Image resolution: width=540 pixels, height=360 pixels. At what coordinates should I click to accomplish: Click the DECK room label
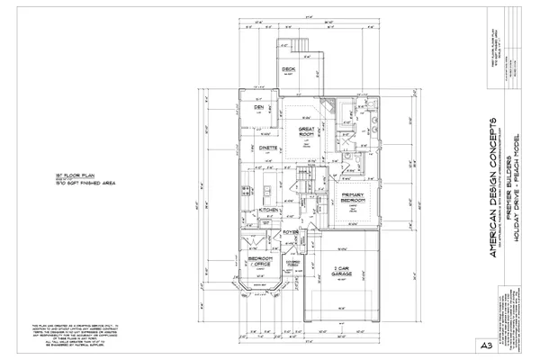(289, 69)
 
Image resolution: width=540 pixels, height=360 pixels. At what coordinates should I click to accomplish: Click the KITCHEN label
(269, 210)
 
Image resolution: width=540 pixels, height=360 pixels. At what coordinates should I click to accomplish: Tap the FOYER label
(291, 232)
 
